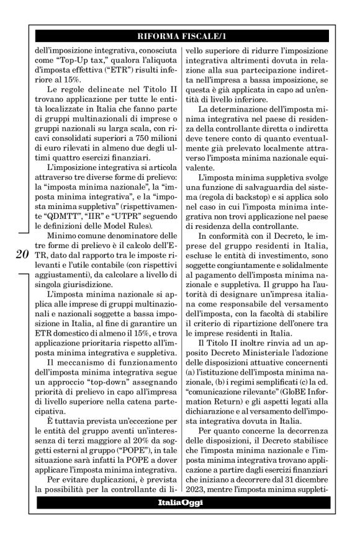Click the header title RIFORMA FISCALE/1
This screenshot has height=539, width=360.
pyautogui.click(x=180, y=37)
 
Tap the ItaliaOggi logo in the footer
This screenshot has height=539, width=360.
pyautogui.click(x=180, y=519)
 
